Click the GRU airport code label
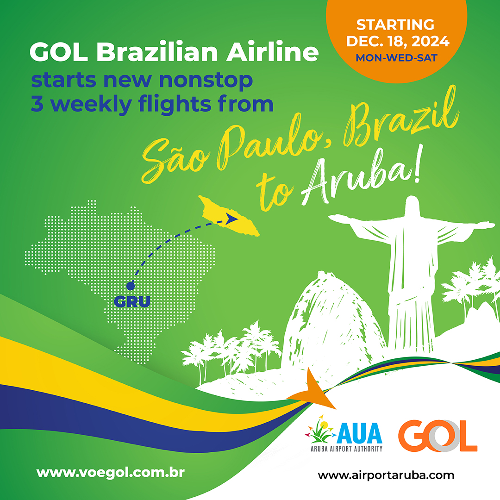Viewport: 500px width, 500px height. coord(132,301)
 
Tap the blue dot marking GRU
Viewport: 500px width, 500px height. coord(131,286)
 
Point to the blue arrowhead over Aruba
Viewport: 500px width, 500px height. coord(231,219)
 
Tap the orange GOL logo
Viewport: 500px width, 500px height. coord(437,436)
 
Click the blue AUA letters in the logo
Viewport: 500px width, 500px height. coord(359,433)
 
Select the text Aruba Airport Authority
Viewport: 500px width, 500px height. coord(347,449)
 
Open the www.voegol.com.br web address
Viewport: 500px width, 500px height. coord(110,473)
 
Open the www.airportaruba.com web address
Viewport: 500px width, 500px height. coord(386,475)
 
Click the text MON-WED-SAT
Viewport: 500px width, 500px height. coord(396,58)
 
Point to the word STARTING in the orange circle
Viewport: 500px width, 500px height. coord(395,25)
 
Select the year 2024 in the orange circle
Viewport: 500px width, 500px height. coord(431,41)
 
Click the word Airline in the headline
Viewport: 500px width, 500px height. coord(273,51)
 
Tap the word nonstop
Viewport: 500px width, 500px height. coord(206,80)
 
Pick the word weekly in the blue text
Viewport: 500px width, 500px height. coord(91,104)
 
